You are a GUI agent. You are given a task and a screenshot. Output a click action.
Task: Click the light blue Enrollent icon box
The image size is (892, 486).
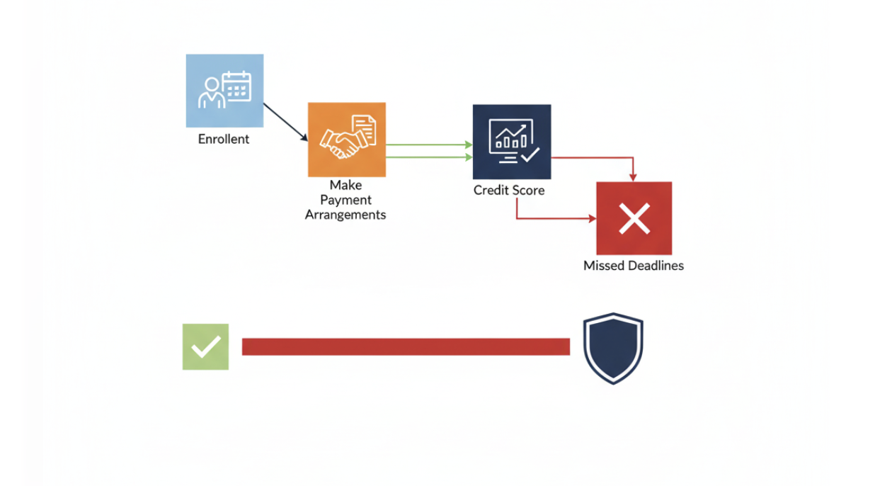click(224, 91)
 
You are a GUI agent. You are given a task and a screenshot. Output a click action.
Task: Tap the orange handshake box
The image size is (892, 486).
click(347, 140)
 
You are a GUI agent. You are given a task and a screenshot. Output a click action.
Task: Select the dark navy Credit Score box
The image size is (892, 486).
click(512, 142)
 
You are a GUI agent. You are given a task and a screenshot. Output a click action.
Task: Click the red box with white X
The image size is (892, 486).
click(634, 218)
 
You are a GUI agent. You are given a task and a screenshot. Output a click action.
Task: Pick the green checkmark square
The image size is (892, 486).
click(205, 346)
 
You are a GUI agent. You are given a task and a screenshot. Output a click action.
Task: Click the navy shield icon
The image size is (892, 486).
click(613, 348)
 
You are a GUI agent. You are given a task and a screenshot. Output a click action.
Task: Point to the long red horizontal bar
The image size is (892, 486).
click(406, 346)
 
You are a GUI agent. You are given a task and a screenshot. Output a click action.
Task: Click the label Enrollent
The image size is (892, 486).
click(224, 139)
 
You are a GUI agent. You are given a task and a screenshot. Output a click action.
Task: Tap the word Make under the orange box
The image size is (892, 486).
click(345, 185)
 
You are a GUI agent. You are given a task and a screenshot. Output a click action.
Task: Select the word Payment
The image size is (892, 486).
click(345, 200)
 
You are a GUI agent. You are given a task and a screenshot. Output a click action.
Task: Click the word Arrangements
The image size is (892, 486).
click(345, 215)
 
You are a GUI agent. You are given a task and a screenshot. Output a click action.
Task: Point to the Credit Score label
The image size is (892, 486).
click(509, 190)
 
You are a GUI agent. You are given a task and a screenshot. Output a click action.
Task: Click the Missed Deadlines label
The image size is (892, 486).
click(634, 266)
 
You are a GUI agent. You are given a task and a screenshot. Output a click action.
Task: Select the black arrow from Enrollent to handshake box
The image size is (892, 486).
click(285, 123)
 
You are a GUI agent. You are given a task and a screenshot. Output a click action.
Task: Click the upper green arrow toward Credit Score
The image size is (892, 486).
click(429, 145)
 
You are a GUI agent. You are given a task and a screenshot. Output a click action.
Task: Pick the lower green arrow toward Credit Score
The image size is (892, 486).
click(429, 157)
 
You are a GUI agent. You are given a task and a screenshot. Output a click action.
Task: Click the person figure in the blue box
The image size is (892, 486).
click(212, 94)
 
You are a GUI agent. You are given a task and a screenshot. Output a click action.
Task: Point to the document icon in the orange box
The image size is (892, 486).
click(364, 130)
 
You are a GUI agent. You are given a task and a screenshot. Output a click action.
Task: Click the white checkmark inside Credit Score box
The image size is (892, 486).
click(530, 154)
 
